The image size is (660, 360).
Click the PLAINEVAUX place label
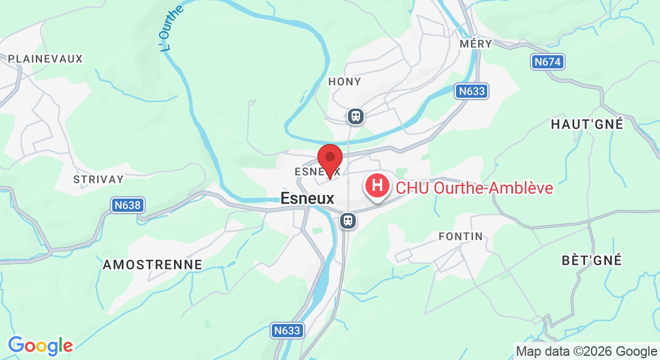(x=46, y=59)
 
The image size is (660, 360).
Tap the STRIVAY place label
(x=98, y=179)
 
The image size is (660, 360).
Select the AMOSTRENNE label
(x=152, y=265)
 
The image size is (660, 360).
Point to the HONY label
(x=345, y=82)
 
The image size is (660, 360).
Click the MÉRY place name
(x=475, y=44)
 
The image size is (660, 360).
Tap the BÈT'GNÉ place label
(x=592, y=260)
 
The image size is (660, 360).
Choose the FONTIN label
(x=461, y=236)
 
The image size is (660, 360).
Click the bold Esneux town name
(x=307, y=198)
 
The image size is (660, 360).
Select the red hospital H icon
(x=377, y=185)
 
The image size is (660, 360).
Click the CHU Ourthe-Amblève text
(x=474, y=188)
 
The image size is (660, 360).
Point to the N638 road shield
(x=127, y=205)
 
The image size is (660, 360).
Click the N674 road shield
(x=548, y=62)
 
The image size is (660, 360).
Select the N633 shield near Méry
(x=471, y=91)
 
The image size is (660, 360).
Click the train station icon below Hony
(x=356, y=116)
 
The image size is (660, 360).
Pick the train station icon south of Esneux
(x=347, y=221)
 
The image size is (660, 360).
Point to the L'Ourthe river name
(x=172, y=28)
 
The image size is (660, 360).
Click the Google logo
(x=40, y=346)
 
